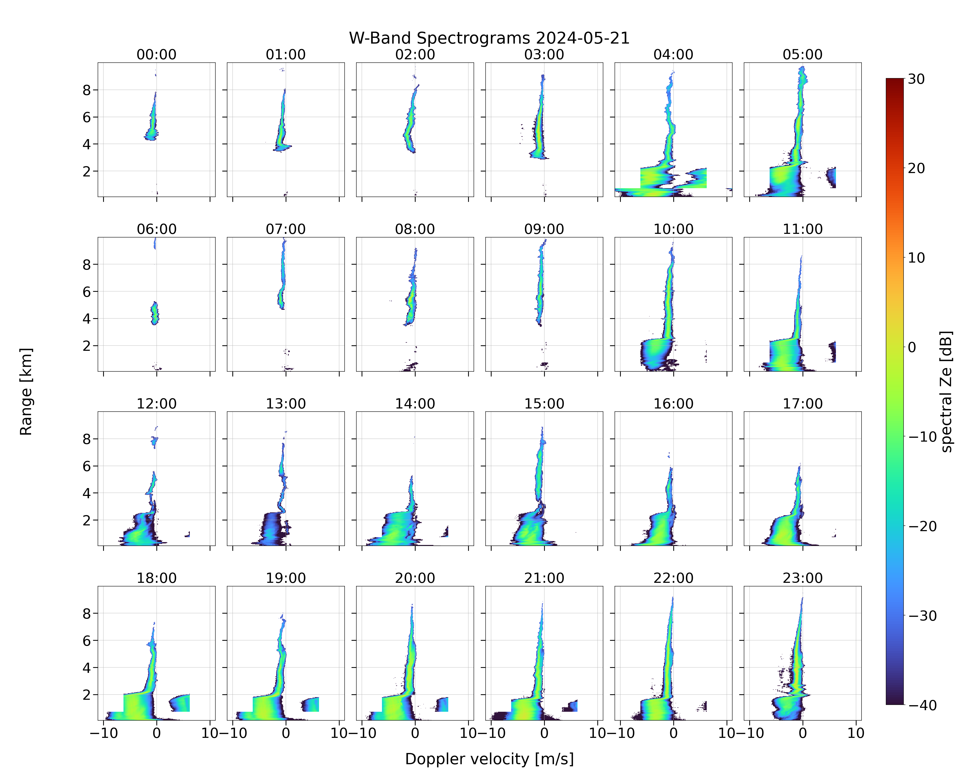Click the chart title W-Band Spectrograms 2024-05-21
tap(489, 38)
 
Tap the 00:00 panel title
tap(157, 55)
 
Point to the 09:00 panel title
tap(544, 229)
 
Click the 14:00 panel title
tap(415, 404)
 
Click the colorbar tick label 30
tap(916, 79)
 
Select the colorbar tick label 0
tap(912, 347)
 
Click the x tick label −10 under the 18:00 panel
tap(104, 733)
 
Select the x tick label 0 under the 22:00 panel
tap(673, 733)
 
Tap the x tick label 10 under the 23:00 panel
tap(856, 733)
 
